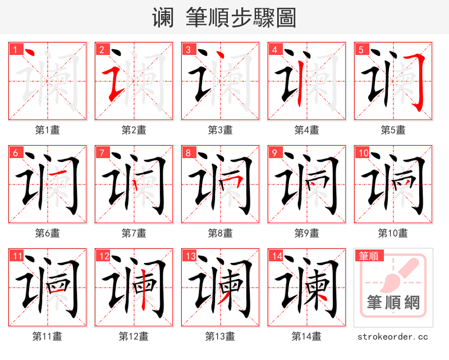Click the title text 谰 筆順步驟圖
[224, 17]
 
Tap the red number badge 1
[14, 49]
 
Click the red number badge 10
[363, 153]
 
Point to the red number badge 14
[276, 256]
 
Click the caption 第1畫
[47, 130]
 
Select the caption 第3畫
[220, 130]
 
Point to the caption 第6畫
[47, 233]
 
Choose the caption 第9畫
[306, 233]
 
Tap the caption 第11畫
[47, 336]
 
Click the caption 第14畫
[306, 336]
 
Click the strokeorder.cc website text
[393, 336]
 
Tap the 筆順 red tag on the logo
[369, 256]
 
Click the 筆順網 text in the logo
[393, 303]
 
